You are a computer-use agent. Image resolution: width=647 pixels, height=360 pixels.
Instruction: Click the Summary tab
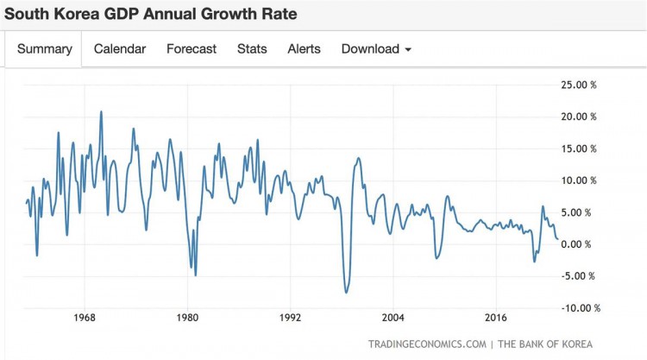pos(45,49)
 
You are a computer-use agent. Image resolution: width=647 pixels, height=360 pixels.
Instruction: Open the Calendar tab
pos(120,49)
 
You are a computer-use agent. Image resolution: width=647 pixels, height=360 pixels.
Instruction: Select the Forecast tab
pos(192,49)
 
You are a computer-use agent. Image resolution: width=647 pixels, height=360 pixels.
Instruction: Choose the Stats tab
pos(252,49)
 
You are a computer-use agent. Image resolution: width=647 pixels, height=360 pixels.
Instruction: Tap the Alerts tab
pos(304,49)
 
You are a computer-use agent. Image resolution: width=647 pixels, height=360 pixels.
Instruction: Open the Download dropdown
pos(376,49)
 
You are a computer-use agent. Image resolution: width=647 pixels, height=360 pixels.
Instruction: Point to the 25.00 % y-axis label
pos(578,85)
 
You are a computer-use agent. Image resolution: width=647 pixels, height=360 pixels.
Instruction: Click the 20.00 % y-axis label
pos(578,117)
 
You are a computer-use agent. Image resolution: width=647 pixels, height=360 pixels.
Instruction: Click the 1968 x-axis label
pos(85,316)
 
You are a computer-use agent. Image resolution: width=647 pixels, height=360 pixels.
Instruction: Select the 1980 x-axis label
pos(187,316)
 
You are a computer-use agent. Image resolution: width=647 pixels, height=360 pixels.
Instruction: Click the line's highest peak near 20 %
pos(101,111)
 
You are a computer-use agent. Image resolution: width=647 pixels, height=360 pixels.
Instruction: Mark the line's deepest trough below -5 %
pos(346,293)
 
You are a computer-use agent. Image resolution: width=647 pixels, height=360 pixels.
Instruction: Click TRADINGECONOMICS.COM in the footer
pos(427,344)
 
